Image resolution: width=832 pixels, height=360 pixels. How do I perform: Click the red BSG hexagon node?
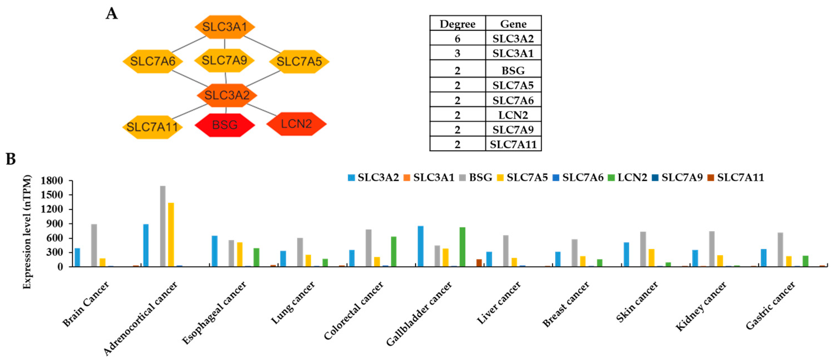[x=225, y=125]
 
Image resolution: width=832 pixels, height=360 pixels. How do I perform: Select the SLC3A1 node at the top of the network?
[x=225, y=27]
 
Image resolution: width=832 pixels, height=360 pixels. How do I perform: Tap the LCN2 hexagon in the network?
[x=296, y=124]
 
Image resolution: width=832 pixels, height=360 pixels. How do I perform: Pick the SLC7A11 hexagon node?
[x=152, y=127]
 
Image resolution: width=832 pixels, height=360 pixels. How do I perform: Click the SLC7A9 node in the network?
[x=225, y=60]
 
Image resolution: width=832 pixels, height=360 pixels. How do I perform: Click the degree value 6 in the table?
[x=457, y=39]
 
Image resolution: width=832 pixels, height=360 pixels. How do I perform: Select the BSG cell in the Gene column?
[x=513, y=70]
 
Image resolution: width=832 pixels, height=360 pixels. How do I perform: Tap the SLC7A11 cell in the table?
[x=513, y=144]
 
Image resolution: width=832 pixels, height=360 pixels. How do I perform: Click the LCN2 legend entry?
[x=628, y=177]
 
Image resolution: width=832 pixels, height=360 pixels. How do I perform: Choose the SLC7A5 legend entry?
[x=523, y=177]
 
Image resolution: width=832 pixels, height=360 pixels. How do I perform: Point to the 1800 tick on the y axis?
[x=52, y=181]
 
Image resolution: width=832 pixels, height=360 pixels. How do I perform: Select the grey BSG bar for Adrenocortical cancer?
[x=163, y=226]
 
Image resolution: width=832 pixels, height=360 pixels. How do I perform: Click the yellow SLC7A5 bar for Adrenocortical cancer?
[x=171, y=235]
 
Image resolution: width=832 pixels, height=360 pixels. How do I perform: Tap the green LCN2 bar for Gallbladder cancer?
[x=463, y=247]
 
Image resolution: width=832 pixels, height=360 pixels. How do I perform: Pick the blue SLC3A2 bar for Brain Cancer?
[x=77, y=257]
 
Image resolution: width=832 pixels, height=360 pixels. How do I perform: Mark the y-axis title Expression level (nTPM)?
[x=27, y=232]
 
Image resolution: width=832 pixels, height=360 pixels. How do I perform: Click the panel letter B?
[x=11, y=159]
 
